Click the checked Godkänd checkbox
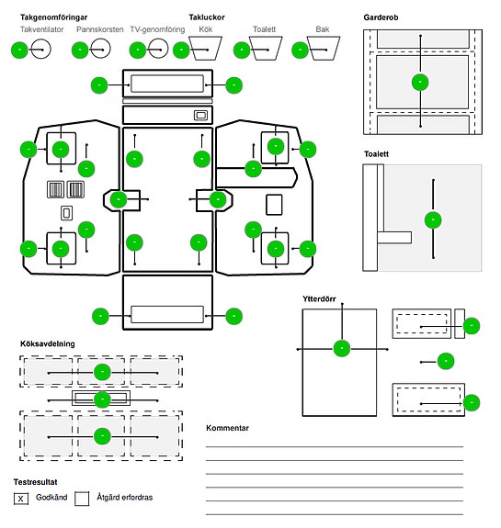click(x=21, y=499)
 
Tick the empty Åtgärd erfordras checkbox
click(x=82, y=499)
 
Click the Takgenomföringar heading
click(x=54, y=17)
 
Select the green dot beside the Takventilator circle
click(x=19, y=51)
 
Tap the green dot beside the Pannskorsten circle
click(x=80, y=51)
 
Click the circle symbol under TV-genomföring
click(x=158, y=49)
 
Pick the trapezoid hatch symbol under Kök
click(x=205, y=48)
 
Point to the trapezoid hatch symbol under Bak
click(x=324, y=48)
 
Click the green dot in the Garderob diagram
click(x=420, y=82)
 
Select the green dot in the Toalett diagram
click(x=433, y=219)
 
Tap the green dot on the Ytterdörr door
click(x=342, y=348)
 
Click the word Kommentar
click(x=228, y=428)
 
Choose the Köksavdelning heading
click(x=48, y=343)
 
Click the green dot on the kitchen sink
click(x=102, y=399)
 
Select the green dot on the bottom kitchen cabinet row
click(x=102, y=436)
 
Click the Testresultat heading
click(x=36, y=482)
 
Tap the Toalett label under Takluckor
click(x=265, y=29)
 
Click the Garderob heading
click(x=381, y=17)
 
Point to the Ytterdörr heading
click(x=319, y=298)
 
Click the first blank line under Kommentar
click(x=335, y=446)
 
